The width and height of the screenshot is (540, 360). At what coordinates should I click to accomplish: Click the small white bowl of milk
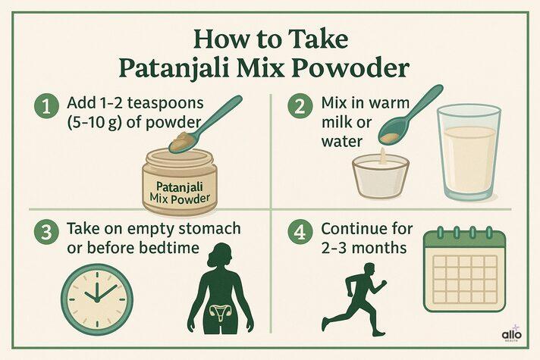380,174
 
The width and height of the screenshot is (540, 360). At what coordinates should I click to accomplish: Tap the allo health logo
513,333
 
